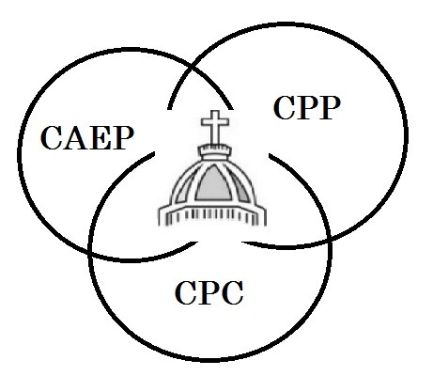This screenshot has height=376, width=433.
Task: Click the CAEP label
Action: (x=87, y=138)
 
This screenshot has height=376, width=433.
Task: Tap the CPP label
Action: (x=307, y=108)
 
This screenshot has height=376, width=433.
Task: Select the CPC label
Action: (x=209, y=293)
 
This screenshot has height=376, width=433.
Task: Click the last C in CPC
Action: (x=232, y=293)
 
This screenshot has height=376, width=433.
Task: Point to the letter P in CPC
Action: (x=209, y=293)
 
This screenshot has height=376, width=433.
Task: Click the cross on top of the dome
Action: (x=215, y=128)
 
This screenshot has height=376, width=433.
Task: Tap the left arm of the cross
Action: (x=207, y=122)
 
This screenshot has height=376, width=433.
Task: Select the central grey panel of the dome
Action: (x=214, y=184)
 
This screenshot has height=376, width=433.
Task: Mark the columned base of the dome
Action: (x=212, y=215)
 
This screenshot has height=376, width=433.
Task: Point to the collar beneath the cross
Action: (x=215, y=152)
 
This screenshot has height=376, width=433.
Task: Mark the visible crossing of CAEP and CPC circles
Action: (x=91, y=251)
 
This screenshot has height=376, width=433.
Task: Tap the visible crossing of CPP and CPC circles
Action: (x=331, y=240)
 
